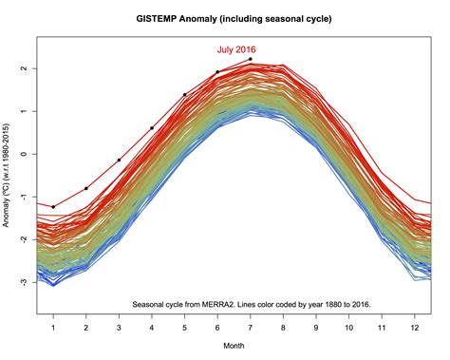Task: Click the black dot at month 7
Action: coord(251,59)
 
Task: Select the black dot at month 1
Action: coord(53,206)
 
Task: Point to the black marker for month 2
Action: coord(86,188)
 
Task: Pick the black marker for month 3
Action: coord(119,161)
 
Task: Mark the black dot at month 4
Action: coord(152,128)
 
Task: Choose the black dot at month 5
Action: coord(184,95)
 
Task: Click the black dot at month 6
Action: coord(217,72)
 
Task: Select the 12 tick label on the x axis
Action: coord(415,328)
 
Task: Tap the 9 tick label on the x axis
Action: coord(316,328)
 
